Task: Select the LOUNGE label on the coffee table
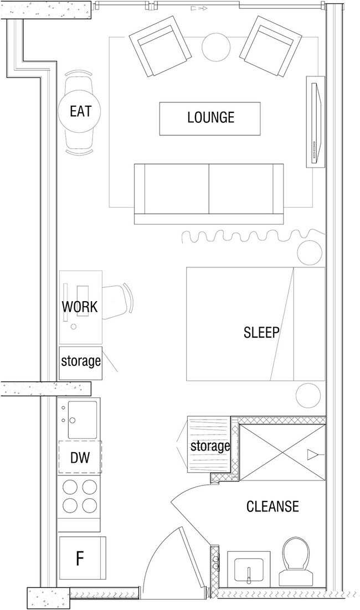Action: tap(210, 117)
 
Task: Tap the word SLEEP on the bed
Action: tap(261, 332)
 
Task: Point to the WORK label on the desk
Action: tap(80, 307)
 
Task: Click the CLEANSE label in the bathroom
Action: tap(272, 506)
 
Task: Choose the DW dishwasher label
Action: tap(80, 458)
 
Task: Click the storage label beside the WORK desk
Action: tap(81, 361)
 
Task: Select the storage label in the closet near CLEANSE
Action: tap(210, 446)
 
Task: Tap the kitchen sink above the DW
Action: tap(82, 420)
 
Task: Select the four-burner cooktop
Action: tap(80, 497)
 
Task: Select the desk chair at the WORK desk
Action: tap(117, 302)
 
